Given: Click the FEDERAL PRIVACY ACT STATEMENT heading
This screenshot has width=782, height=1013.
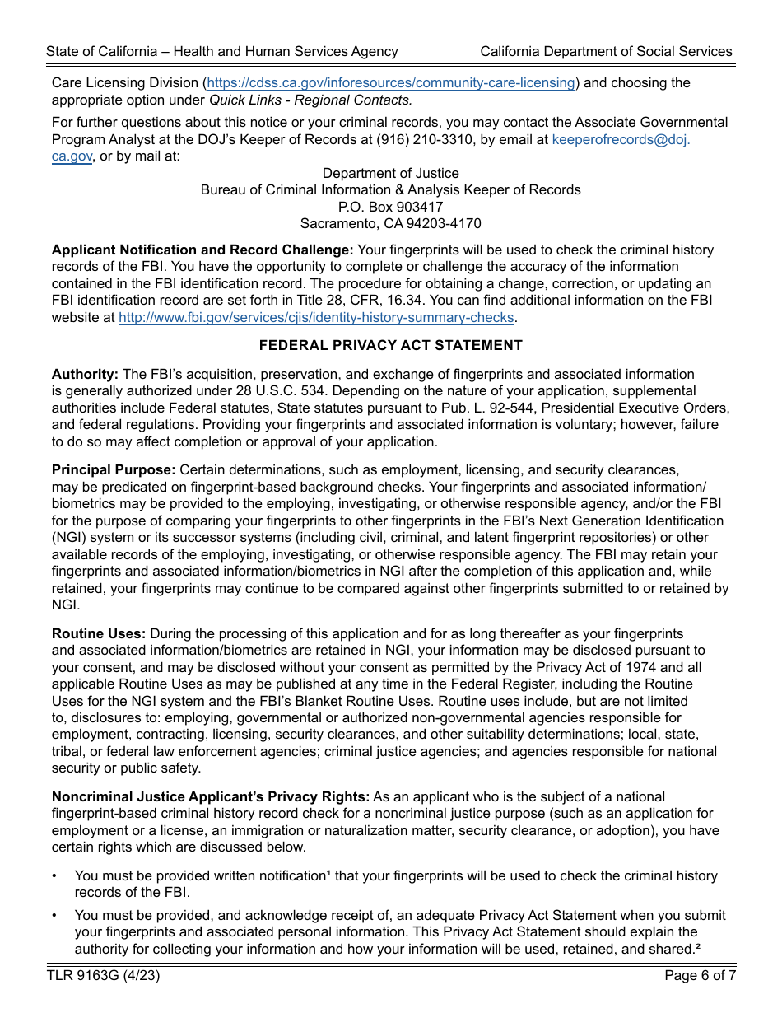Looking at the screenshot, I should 390,345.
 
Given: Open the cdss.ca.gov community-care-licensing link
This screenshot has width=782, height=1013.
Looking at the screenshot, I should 391,83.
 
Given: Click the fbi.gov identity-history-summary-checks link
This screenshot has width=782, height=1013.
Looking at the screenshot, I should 316,318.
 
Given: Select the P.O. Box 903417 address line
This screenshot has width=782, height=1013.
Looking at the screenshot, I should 390,207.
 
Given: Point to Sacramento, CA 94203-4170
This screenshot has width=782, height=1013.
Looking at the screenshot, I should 390,223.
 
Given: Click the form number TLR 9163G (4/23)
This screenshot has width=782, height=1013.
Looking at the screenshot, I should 103,976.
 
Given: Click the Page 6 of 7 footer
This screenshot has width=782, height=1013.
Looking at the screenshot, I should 700,976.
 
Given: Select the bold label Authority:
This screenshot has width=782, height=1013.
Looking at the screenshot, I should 85,374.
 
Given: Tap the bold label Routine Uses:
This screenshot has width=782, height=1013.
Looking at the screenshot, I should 99,633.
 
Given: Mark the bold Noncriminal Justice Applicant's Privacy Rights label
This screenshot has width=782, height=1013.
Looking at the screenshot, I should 211,796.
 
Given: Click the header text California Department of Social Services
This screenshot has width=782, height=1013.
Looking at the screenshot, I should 606,51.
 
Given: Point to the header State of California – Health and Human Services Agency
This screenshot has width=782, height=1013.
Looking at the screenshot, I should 222,51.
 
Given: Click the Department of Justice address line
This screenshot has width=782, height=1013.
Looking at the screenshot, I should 390,173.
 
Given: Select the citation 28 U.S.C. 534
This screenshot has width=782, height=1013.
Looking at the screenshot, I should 263,391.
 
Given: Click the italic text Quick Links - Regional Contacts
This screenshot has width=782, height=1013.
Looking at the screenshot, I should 310,100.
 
